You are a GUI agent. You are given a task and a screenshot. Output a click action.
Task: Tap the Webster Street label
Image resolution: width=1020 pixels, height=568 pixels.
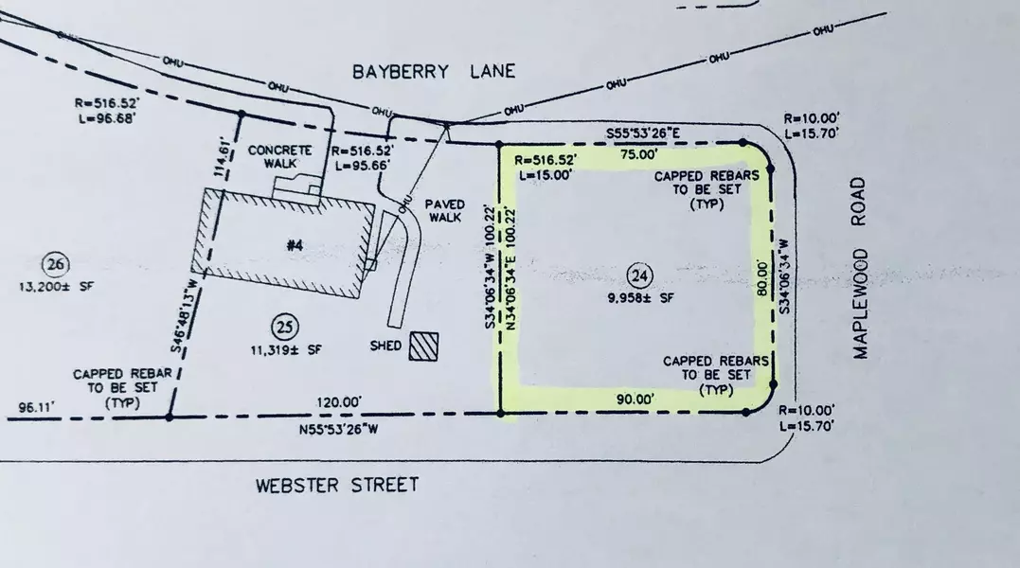click(337, 486)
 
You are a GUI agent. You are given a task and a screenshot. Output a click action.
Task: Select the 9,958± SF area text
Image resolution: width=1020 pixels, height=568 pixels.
click(639, 298)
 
